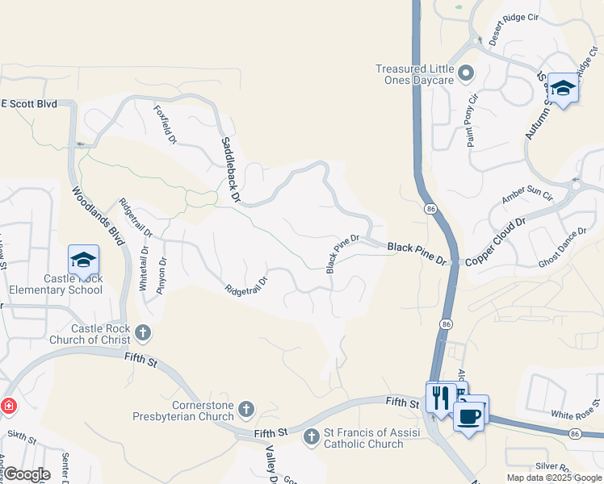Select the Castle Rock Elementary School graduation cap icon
[83, 260]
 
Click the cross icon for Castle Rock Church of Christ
[143, 332]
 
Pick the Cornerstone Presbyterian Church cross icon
[246, 411]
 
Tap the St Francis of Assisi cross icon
[312, 437]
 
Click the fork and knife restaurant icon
[440, 397]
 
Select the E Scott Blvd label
[30, 104]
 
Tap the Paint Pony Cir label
[472, 120]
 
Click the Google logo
[27, 474]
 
